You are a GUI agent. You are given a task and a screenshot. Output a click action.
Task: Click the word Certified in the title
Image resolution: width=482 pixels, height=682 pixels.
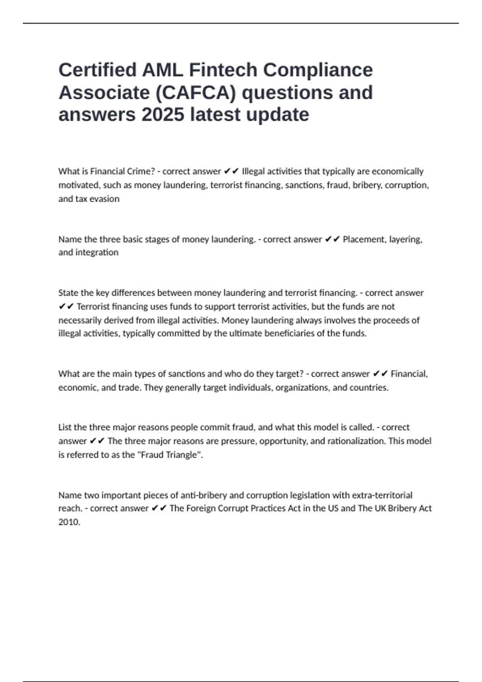(x=98, y=70)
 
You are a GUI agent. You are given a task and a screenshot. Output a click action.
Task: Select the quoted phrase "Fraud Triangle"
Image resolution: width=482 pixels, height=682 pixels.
(x=169, y=455)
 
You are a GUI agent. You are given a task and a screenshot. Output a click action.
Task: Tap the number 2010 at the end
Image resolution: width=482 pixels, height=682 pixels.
(x=69, y=522)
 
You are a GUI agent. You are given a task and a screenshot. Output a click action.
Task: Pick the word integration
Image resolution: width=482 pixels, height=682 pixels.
(x=97, y=252)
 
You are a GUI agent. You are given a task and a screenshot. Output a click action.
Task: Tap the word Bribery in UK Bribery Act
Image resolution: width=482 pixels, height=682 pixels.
(x=402, y=508)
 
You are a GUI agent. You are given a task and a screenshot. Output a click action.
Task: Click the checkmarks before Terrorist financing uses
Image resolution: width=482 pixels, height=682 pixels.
(x=66, y=307)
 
